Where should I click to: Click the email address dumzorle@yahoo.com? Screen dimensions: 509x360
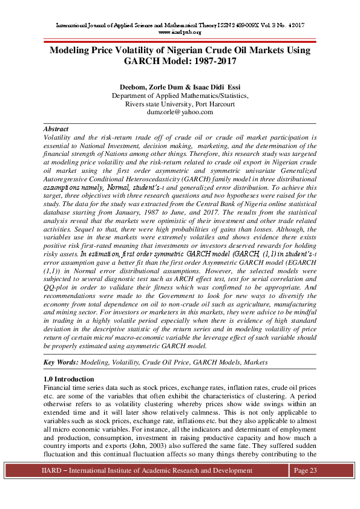click(180, 112)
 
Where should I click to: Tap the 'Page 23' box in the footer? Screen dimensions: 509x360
click(305, 471)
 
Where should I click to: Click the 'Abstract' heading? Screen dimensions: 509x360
click(56, 129)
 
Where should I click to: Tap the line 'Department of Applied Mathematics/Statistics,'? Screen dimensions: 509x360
click(180, 96)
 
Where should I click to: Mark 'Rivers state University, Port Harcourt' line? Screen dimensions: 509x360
click(180, 104)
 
